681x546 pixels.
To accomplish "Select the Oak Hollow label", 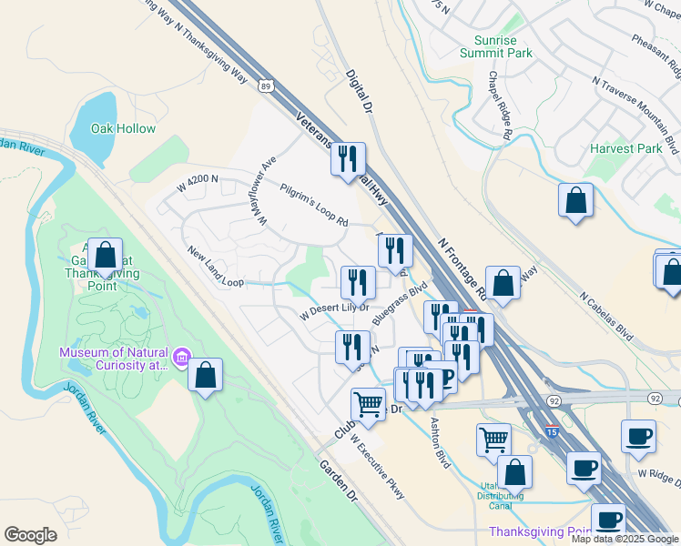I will pyautogui.click(x=123, y=129).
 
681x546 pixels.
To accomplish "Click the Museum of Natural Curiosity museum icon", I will pyautogui.click(x=182, y=359).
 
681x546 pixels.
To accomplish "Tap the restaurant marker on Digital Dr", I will pyautogui.click(x=348, y=159).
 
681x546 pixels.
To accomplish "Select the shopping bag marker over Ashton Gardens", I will pyautogui.click(x=106, y=256).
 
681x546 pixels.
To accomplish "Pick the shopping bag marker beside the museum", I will pyautogui.click(x=206, y=375).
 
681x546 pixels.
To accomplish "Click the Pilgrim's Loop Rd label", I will pyautogui.click(x=314, y=206).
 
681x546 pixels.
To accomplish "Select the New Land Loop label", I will pyautogui.click(x=215, y=268).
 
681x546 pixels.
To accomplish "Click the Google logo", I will pyautogui.click(x=30, y=535).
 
